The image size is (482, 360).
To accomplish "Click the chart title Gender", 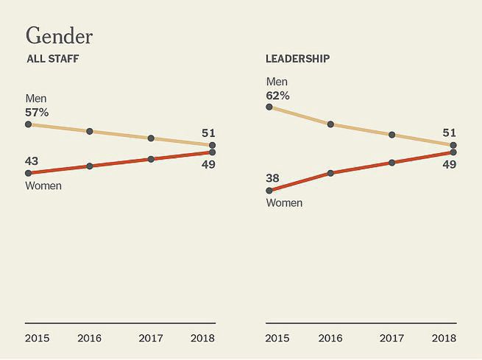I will point(59,35).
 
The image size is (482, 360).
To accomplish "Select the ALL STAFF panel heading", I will point(52,59).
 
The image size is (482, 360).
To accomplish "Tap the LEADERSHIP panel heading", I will point(297,59).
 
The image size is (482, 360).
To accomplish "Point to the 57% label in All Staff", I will point(37,113).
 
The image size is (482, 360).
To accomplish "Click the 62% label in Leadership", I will point(277,96).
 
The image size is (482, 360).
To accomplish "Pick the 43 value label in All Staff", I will point(32,160).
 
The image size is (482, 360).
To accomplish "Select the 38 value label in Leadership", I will point(273,177).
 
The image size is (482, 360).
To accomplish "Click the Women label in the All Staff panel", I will point(43,186).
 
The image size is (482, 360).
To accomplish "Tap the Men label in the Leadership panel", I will point(277,82).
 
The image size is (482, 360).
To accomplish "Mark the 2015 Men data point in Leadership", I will point(269,107).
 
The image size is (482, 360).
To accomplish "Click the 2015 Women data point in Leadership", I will point(269,191).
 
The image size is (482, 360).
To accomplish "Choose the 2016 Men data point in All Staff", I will point(90,131).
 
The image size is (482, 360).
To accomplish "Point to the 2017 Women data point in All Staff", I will point(151,159).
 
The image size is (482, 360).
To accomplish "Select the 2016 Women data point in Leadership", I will point(330,173).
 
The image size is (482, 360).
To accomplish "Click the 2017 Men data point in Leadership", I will point(392,135).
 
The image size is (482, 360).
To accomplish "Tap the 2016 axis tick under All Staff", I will point(90,338).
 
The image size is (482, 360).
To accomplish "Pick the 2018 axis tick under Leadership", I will point(444,338).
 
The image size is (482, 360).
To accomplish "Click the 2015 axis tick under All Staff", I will point(37,338).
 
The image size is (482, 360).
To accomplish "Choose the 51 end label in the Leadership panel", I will point(449,133).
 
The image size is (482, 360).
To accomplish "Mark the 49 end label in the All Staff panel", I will point(208,164).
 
